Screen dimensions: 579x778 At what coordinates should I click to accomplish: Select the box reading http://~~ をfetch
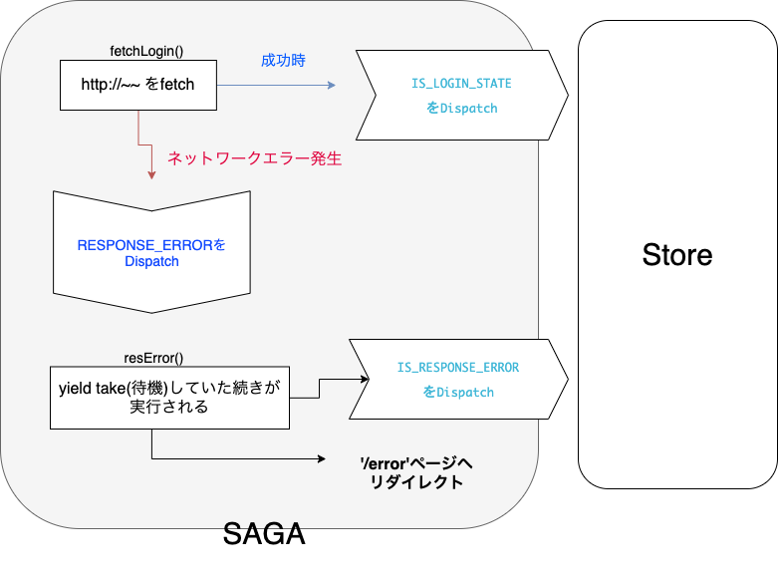(x=138, y=85)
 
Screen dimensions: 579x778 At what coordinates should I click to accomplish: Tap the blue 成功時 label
(x=283, y=61)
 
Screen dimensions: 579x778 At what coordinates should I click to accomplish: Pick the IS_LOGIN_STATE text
(x=461, y=84)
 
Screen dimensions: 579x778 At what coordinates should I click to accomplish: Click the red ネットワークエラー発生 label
(x=254, y=158)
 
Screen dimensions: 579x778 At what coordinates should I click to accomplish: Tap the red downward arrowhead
(x=151, y=175)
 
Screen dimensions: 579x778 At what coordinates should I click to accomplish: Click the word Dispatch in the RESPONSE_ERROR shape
(x=151, y=262)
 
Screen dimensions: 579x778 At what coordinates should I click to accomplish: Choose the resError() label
(x=153, y=358)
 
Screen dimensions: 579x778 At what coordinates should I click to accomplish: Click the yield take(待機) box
(x=169, y=398)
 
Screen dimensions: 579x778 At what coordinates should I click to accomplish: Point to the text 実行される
(x=169, y=408)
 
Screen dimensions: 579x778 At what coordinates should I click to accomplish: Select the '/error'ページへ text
(x=412, y=463)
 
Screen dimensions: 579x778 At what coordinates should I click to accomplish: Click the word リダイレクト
(x=412, y=482)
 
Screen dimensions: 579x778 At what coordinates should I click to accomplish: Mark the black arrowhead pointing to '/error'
(x=322, y=459)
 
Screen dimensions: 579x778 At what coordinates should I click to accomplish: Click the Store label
(x=677, y=254)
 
